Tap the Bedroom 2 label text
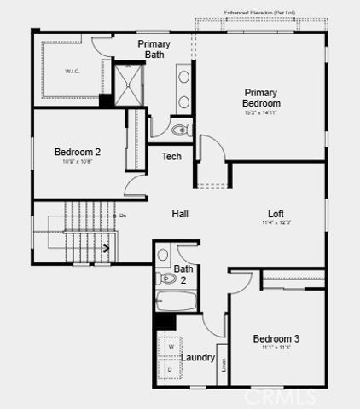[78, 153]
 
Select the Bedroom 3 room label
[276, 338]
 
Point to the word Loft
[276, 214]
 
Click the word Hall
[180, 214]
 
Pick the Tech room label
[171, 156]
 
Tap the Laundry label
[198, 358]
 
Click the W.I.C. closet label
[72, 72]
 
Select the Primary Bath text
[154, 49]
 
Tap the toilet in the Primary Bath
[180, 131]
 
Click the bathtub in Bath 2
[177, 301]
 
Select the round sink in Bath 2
[163, 254]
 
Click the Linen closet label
[223, 365]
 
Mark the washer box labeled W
[171, 347]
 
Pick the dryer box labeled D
[171, 370]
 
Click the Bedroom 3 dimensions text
[276, 348]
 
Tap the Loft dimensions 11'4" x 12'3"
[276, 223]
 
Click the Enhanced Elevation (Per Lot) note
[259, 13]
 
